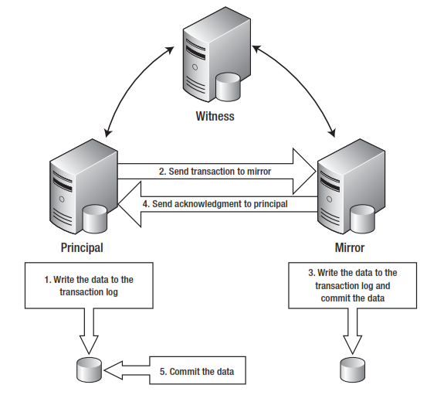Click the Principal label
(81, 248)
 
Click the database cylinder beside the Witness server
(229, 87)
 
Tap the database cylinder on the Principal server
(96, 220)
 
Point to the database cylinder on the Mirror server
(363, 220)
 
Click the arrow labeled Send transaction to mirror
(216, 172)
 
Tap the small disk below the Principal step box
(90, 370)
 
